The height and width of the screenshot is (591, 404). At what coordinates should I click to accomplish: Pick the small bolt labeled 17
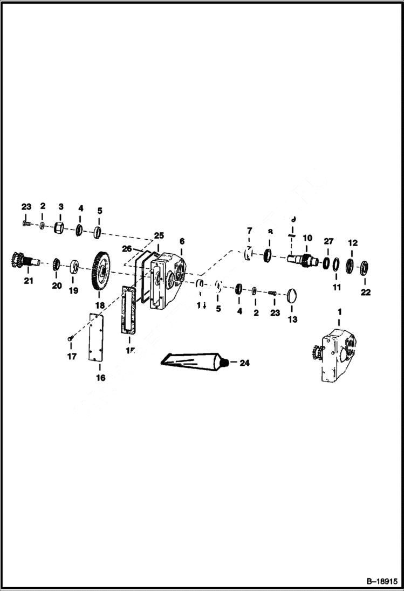tap(70, 338)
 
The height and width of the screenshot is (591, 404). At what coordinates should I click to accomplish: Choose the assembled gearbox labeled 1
tap(338, 353)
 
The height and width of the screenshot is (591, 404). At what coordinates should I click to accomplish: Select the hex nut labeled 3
tap(60, 228)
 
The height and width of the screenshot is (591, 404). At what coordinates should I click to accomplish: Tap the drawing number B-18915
tap(383, 582)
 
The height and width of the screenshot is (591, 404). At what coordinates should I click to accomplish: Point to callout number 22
tap(366, 293)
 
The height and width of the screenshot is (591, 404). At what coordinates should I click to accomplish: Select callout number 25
tap(159, 235)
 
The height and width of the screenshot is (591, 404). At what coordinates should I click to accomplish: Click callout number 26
tap(127, 248)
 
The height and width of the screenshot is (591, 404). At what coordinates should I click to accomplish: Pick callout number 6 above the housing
tap(182, 242)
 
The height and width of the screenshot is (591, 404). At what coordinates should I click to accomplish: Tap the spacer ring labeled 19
tap(73, 266)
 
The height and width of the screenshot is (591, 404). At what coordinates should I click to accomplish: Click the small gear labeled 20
tap(56, 265)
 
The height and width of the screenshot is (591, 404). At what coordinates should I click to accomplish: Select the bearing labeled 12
tap(350, 266)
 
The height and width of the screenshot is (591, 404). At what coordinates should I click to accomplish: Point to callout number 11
tap(337, 288)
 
